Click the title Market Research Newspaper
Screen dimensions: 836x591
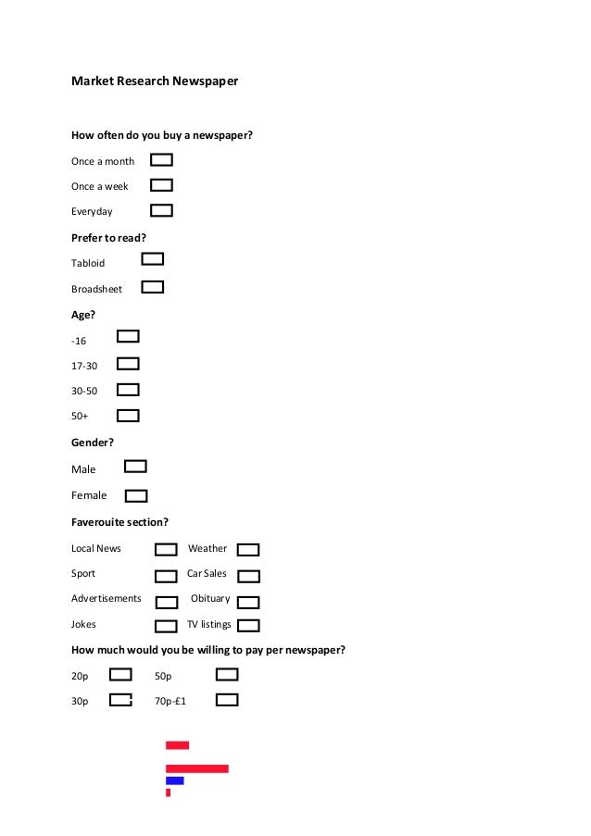point(155,81)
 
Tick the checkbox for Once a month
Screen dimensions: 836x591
point(161,160)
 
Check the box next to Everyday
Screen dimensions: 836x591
point(161,210)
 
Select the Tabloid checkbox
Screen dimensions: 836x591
point(153,259)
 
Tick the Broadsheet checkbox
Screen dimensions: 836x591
point(153,287)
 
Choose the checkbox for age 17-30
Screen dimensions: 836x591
point(128,364)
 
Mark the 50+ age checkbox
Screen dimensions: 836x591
point(128,416)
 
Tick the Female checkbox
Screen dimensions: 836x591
point(136,495)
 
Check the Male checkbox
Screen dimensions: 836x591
point(135,467)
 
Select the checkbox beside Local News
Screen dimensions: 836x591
point(166,550)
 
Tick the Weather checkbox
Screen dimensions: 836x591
point(248,550)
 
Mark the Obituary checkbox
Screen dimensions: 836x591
point(248,601)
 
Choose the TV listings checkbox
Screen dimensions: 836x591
point(248,626)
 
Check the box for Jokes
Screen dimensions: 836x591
point(166,626)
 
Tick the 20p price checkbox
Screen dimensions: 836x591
point(120,675)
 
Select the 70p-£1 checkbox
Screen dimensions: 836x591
point(227,700)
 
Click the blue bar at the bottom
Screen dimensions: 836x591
point(174,780)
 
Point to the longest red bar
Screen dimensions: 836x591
point(196,768)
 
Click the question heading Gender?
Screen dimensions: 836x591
point(93,443)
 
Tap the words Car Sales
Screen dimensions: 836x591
point(207,574)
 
